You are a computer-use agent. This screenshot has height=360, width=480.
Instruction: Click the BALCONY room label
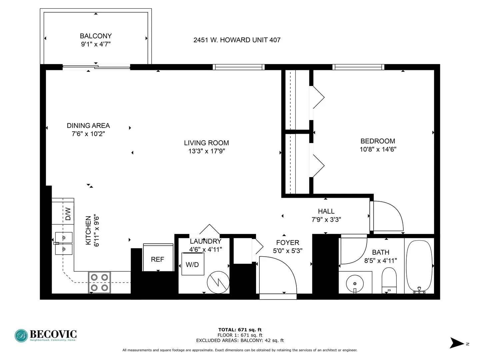click(96, 36)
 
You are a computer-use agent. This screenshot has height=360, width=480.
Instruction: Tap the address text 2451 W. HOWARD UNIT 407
click(237, 40)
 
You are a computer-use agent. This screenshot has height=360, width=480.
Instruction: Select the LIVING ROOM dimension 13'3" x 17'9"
click(206, 151)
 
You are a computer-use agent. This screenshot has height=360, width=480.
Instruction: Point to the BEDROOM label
click(378, 141)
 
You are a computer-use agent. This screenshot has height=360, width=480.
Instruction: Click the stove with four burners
click(99, 282)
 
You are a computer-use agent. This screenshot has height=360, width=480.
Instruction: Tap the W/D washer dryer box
click(193, 264)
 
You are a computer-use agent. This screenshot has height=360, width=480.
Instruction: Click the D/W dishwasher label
click(68, 214)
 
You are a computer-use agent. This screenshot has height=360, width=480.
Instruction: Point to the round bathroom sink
click(355, 284)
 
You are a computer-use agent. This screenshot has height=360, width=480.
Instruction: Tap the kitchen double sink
click(63, 243)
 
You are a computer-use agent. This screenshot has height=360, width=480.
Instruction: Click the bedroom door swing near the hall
click(387, 216)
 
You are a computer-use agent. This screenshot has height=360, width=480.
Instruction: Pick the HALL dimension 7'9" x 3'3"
click(326, 219)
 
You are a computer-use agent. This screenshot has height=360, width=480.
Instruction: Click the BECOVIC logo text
click(53, 334)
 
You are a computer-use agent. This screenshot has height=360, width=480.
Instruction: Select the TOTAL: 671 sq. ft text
click(240, 330)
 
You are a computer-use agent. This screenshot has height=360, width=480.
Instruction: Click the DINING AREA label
click(88, 126)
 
